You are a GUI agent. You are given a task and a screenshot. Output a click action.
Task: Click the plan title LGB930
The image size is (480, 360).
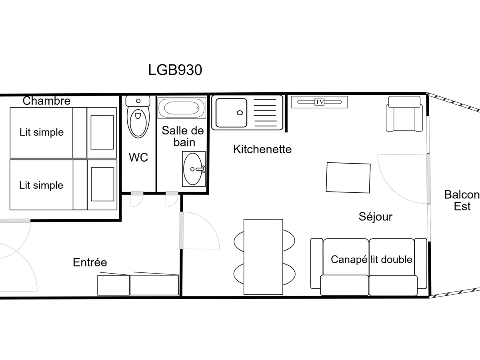175,70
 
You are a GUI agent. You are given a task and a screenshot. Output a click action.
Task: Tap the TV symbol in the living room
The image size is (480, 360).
319,102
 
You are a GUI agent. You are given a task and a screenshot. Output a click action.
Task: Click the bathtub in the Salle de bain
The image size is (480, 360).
182,108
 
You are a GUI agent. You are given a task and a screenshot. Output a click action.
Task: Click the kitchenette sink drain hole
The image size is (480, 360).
240,113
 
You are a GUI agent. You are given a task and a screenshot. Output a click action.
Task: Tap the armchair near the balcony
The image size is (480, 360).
404,114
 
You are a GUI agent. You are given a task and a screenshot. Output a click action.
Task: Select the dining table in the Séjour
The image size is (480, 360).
263,257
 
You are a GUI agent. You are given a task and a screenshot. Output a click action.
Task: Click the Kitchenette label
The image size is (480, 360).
262,149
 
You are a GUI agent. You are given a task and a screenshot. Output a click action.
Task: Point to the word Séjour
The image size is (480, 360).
376,217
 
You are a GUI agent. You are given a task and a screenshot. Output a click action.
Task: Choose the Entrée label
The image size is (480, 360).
90,262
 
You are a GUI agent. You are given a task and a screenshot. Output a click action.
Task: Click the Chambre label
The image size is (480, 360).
46,101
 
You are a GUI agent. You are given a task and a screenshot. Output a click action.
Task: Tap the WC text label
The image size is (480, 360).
138,157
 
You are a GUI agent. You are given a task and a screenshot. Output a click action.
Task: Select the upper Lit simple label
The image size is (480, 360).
42,132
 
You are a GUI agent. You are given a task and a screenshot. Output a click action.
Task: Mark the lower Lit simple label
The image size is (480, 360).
41,185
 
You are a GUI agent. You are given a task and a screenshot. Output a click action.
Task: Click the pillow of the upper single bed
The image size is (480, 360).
102,132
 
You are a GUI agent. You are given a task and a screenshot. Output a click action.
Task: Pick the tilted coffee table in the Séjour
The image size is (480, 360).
348,178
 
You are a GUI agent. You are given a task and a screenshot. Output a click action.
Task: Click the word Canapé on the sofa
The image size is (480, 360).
349,260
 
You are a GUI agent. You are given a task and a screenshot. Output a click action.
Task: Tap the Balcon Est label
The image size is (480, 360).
462,200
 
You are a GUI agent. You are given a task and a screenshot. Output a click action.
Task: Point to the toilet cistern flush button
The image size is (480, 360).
138,101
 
